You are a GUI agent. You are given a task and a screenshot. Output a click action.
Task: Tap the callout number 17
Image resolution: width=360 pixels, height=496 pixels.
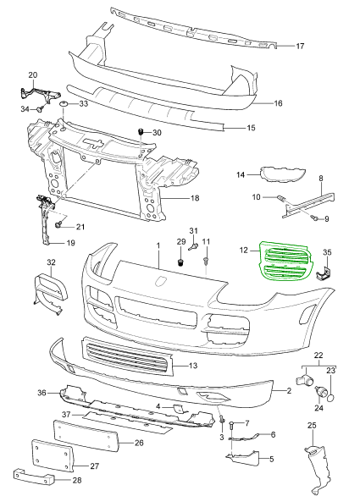(x=299, y=46)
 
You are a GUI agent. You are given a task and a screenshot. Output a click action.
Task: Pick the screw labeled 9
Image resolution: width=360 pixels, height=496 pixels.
(x=314, y=218)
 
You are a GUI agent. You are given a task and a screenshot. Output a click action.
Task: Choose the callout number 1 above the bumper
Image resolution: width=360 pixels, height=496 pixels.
(x=158, y=244)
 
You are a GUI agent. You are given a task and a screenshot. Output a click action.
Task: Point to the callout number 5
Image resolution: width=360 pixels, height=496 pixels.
(x=273, y=459)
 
